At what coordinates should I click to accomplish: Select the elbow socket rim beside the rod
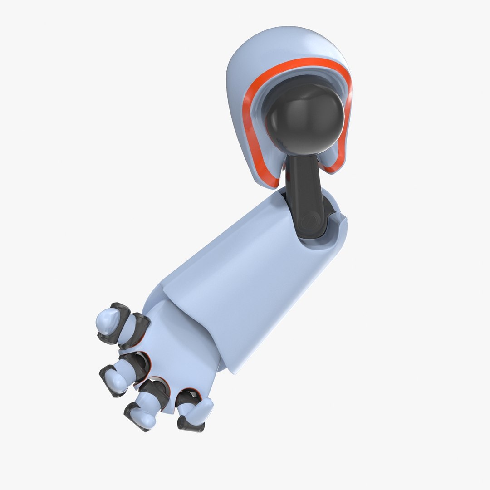click(x=338, y=227)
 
